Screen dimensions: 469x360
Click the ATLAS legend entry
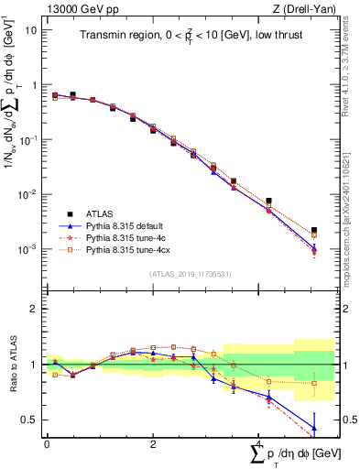(101, 213)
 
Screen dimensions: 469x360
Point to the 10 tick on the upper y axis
(32, 29)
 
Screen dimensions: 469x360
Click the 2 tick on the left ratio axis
(35, 309)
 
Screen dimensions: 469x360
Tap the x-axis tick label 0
(47, 443)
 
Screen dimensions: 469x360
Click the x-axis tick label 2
(152, 443)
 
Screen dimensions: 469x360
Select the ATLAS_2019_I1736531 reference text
(190, 274)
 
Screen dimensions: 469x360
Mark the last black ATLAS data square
(314, 231)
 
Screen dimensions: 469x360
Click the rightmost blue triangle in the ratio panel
(314, 428)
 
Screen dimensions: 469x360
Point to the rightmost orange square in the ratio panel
(314, 383)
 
